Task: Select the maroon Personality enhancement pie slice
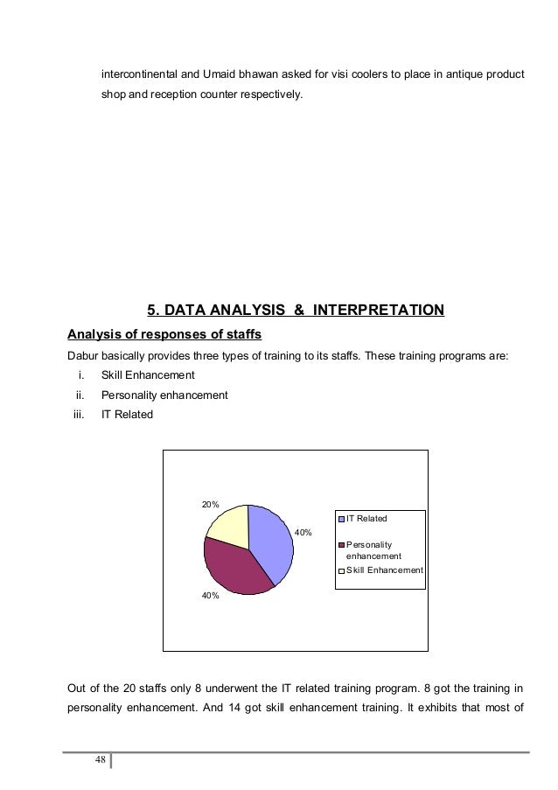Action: click(234, 569)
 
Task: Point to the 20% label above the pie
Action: click(211, 505)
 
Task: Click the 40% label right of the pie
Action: click(303, 532)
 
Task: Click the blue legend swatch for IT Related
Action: click(343, 519)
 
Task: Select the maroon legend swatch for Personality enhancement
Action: click(343, 544)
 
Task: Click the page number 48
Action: click(101, 759)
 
